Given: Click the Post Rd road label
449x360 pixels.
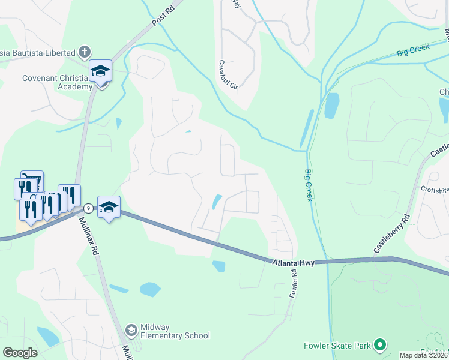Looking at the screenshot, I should tap(163, 16).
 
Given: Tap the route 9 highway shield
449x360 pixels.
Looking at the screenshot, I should tap(88, 208).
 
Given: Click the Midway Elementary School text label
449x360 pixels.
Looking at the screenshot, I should tap(175, 331).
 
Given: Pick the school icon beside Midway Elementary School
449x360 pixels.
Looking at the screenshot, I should tap(131, 330).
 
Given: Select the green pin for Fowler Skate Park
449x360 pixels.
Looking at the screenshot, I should tap(379, 345).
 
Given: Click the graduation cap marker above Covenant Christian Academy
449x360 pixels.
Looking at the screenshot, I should tap(101, 71).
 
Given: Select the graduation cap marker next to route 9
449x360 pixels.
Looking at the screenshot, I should tap(109, 207).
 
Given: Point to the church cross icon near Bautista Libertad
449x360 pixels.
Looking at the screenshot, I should tap(85, 52).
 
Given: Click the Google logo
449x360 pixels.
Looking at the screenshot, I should tap(20, 352).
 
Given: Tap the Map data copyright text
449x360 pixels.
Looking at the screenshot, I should tap(423, 355).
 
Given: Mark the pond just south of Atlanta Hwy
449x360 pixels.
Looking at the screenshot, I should tap(218, 265).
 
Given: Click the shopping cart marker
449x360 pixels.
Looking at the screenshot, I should tap(32, 181).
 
